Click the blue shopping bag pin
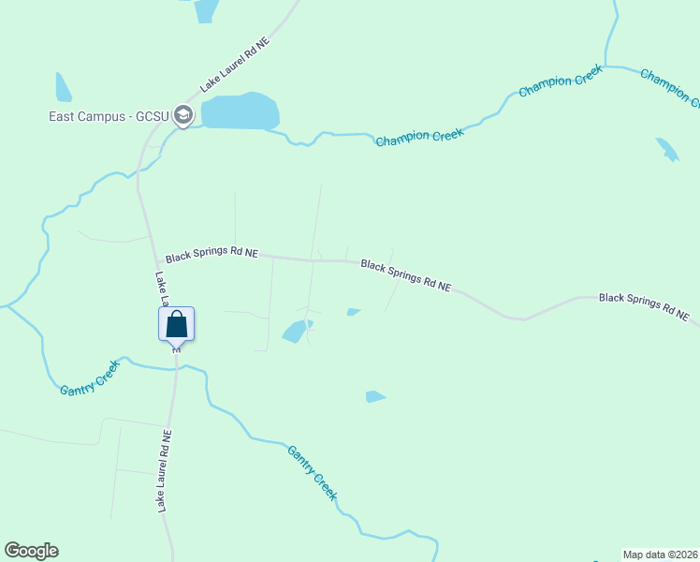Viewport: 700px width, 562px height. click(176, 325)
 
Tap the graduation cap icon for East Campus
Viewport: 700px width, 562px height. click(183, 116)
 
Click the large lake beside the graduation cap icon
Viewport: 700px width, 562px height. click(240, 111)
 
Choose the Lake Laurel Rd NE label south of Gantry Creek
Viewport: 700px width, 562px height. click(165, 471)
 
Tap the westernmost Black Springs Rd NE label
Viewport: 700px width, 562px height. click(211, 255)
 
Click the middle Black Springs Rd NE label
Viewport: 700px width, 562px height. click(406, 275)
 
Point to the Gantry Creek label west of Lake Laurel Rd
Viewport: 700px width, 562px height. click(91, 377)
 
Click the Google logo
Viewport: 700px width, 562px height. click(32, 551)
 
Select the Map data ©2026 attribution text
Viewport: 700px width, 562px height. click(661, 554)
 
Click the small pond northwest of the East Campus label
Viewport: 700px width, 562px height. click(63, 88)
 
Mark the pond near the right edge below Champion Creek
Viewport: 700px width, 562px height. click(667, 149)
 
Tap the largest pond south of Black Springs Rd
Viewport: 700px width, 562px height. click(296, 331)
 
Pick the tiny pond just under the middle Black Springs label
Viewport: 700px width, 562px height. click(353, 312)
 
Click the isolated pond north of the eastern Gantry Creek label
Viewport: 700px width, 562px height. click(374, 397)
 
